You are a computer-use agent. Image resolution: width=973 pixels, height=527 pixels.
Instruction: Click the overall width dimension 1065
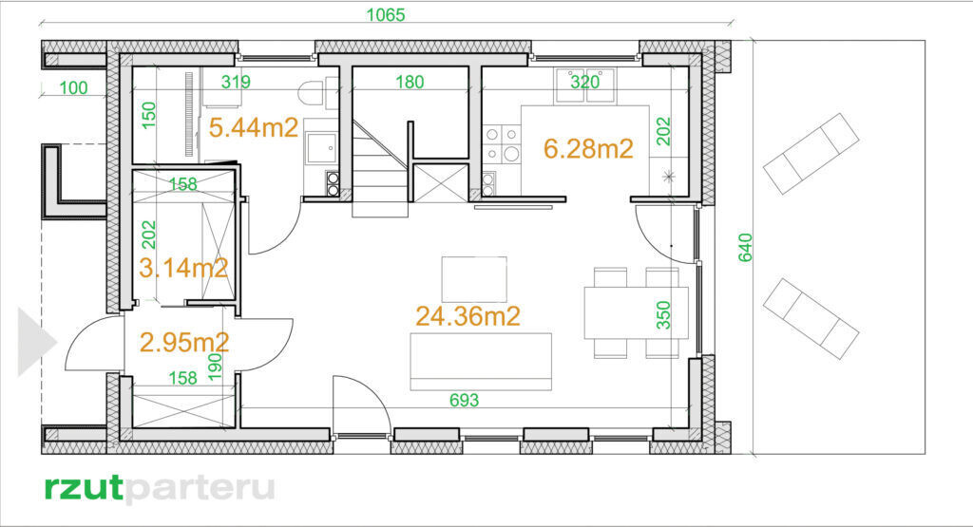click(x=386, y=14)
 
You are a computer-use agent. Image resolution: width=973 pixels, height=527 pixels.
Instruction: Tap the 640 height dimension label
click(x=745, y=248)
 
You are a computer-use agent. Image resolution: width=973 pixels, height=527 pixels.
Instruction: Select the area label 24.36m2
click(x=467, y=316)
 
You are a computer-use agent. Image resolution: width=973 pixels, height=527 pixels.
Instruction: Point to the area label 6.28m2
click(x=588, y=149)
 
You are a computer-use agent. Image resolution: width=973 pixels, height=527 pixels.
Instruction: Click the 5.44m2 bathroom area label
click(x=253, y=128)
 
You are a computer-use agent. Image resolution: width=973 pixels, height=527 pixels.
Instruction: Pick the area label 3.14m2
click(x=183, y=269)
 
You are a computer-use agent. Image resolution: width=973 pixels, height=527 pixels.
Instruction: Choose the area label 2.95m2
click(x=184, y=342)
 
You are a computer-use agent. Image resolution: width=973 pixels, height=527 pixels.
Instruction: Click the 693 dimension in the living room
click(x=464, y=401)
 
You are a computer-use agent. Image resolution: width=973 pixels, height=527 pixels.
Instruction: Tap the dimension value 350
click(x=663, y=315)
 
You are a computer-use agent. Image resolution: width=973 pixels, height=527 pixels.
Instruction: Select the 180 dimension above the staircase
click(x=410, y=82)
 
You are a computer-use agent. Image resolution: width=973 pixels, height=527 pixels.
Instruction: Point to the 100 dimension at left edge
click(x=73, y=88)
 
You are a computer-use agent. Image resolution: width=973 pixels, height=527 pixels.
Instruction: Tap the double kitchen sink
click(x=585, y=86)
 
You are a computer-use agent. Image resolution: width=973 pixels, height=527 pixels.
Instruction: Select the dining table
click(x=636, y=312)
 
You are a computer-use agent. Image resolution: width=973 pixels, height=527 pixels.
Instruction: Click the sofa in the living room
click(x=481, y=362)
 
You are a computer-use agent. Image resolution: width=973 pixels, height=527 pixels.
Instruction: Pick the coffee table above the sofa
click(x=474, y=279)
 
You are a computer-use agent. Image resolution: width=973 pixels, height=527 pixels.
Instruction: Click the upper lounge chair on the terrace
click(x=811, y=154)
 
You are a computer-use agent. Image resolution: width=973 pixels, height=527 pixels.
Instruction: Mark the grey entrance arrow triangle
click(x=34, y=342)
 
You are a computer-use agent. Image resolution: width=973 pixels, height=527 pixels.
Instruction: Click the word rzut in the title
click(x=84, y=489)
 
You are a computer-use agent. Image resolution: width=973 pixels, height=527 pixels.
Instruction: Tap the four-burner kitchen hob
click(x=503, y=143)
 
